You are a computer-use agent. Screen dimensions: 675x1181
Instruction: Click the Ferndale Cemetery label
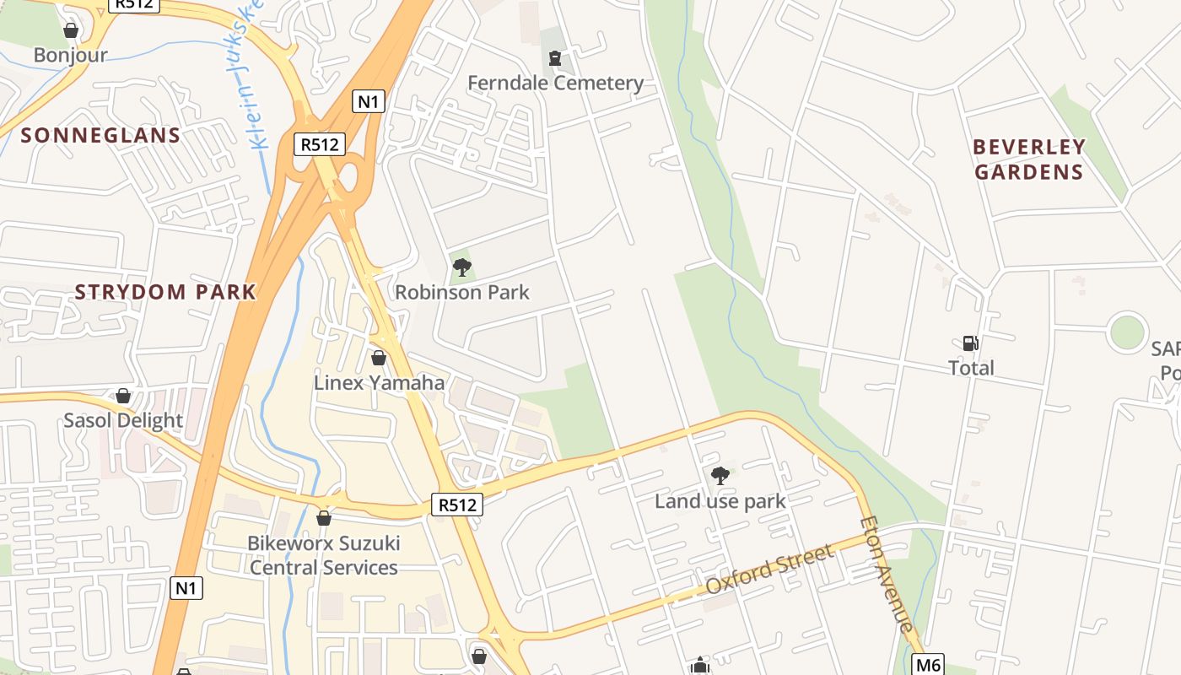tap(555, 83)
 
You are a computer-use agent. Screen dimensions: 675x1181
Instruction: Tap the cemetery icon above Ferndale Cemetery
tap(554, 58)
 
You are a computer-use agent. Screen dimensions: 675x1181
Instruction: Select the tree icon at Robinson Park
tap(461, 268)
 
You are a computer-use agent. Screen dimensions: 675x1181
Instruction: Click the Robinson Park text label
tap(462, 293)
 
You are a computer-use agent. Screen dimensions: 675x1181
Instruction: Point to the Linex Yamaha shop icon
tap(379, 358)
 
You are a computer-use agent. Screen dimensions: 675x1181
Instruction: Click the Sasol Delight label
tap(123, 420)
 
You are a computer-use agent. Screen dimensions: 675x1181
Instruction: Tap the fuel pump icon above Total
tap(970, 343)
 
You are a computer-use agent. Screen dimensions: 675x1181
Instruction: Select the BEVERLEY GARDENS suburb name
tap(1029, 159)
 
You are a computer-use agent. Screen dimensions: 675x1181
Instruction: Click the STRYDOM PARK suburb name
tap(165, 293)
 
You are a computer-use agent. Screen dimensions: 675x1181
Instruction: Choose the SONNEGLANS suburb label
tap(100, 135)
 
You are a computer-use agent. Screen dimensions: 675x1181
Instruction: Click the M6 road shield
tap(928, 664)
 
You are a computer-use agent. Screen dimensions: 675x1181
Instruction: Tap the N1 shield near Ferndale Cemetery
tap(369, 102)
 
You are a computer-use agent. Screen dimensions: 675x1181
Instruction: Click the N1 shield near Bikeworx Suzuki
tap(186, 587)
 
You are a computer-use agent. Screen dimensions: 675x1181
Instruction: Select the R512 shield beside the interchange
tap(320, 144)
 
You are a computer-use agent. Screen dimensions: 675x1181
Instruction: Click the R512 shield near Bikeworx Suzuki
tap(458, 505)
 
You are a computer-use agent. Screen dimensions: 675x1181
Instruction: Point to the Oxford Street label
tap(769, 570)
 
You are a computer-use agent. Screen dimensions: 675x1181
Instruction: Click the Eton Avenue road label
tap(886, 574)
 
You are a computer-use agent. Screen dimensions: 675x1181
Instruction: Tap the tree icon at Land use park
tap(720, 476)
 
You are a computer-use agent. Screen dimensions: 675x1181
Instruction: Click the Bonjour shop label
tap(71, 56)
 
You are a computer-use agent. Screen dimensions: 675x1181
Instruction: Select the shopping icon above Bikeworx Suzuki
tap(323, 518)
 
